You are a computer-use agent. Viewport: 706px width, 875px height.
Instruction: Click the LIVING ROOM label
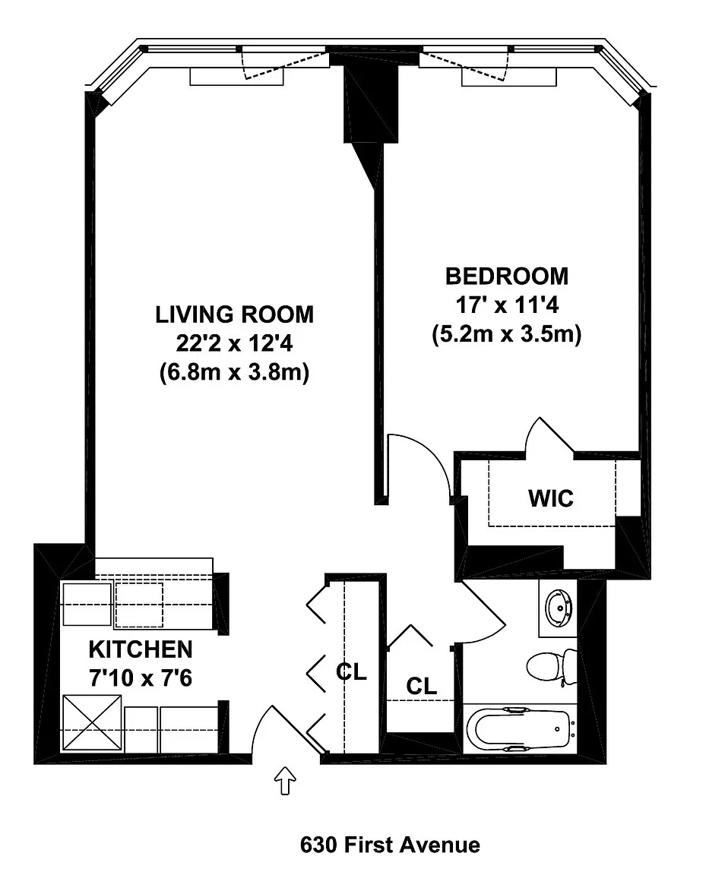pos(234,314)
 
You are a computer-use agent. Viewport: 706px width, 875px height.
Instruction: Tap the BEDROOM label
pos(507,276)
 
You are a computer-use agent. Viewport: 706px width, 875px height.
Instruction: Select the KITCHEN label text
pos(140,649)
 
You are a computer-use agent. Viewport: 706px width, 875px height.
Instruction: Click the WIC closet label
pos(551,498)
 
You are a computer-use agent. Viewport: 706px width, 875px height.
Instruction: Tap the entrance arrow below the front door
pos(286,780)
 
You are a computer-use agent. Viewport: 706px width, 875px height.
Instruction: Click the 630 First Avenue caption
pos(390,845)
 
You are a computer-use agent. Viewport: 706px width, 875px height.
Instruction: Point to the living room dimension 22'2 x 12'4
pos(234,344)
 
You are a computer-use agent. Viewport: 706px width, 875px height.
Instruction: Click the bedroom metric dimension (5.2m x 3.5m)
pos(507,334)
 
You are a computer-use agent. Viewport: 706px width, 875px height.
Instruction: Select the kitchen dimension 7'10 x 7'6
pos(140,678)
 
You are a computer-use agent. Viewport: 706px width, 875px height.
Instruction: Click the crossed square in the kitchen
pos(92,722)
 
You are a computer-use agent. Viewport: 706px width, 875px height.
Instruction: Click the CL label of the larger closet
pos(351,672)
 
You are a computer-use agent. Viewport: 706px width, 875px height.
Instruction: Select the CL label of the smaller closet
pos(422,686)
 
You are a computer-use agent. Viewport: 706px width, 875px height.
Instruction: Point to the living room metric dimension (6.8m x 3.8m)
pos(234,372)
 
